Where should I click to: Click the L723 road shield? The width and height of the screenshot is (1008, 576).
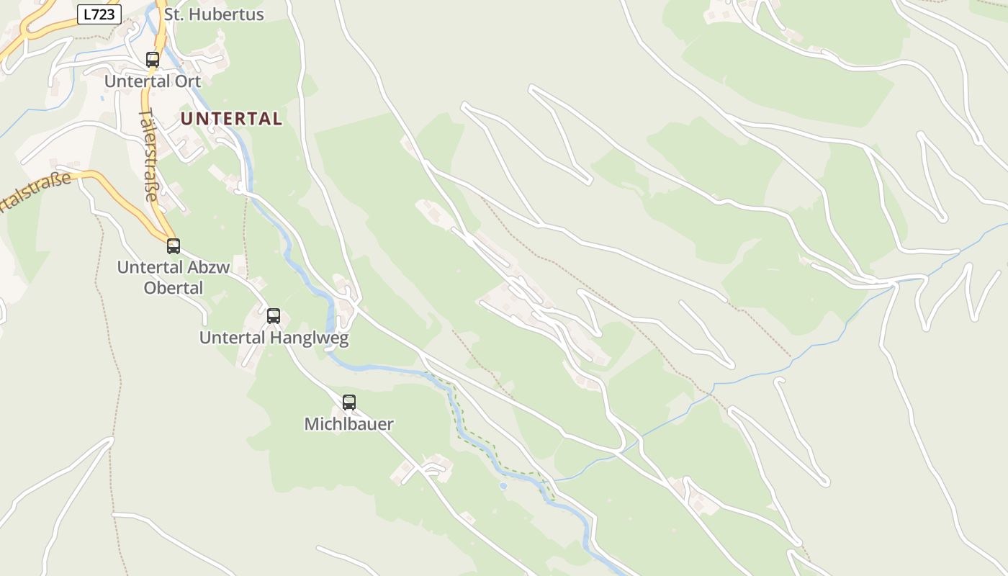pos(99,14)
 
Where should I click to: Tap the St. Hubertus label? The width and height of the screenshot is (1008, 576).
pos(214,14)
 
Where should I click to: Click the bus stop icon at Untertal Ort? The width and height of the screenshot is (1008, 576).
pos(153,60)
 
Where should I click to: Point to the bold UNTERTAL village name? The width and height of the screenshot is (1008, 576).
pos(231,119)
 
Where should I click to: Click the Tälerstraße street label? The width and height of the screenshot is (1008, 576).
pos(149,155)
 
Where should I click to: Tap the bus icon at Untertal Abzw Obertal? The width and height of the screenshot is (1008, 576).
pos(174,246)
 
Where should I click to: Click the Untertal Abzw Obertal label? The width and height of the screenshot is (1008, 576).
pos(173,277)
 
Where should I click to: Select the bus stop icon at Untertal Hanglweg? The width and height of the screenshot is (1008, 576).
pos(274,315)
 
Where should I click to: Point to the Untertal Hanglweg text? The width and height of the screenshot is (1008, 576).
pos(274,338)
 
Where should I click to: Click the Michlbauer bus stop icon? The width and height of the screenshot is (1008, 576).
pos(349,402)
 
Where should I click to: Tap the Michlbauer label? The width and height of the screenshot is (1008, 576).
pos(349,424)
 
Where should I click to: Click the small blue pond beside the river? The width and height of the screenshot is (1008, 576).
pos(503,486)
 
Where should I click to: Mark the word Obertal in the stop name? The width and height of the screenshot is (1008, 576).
pos(173,288)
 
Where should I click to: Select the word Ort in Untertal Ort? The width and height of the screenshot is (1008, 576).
pos(188,81)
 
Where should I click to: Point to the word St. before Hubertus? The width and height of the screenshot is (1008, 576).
pos(174,14)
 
